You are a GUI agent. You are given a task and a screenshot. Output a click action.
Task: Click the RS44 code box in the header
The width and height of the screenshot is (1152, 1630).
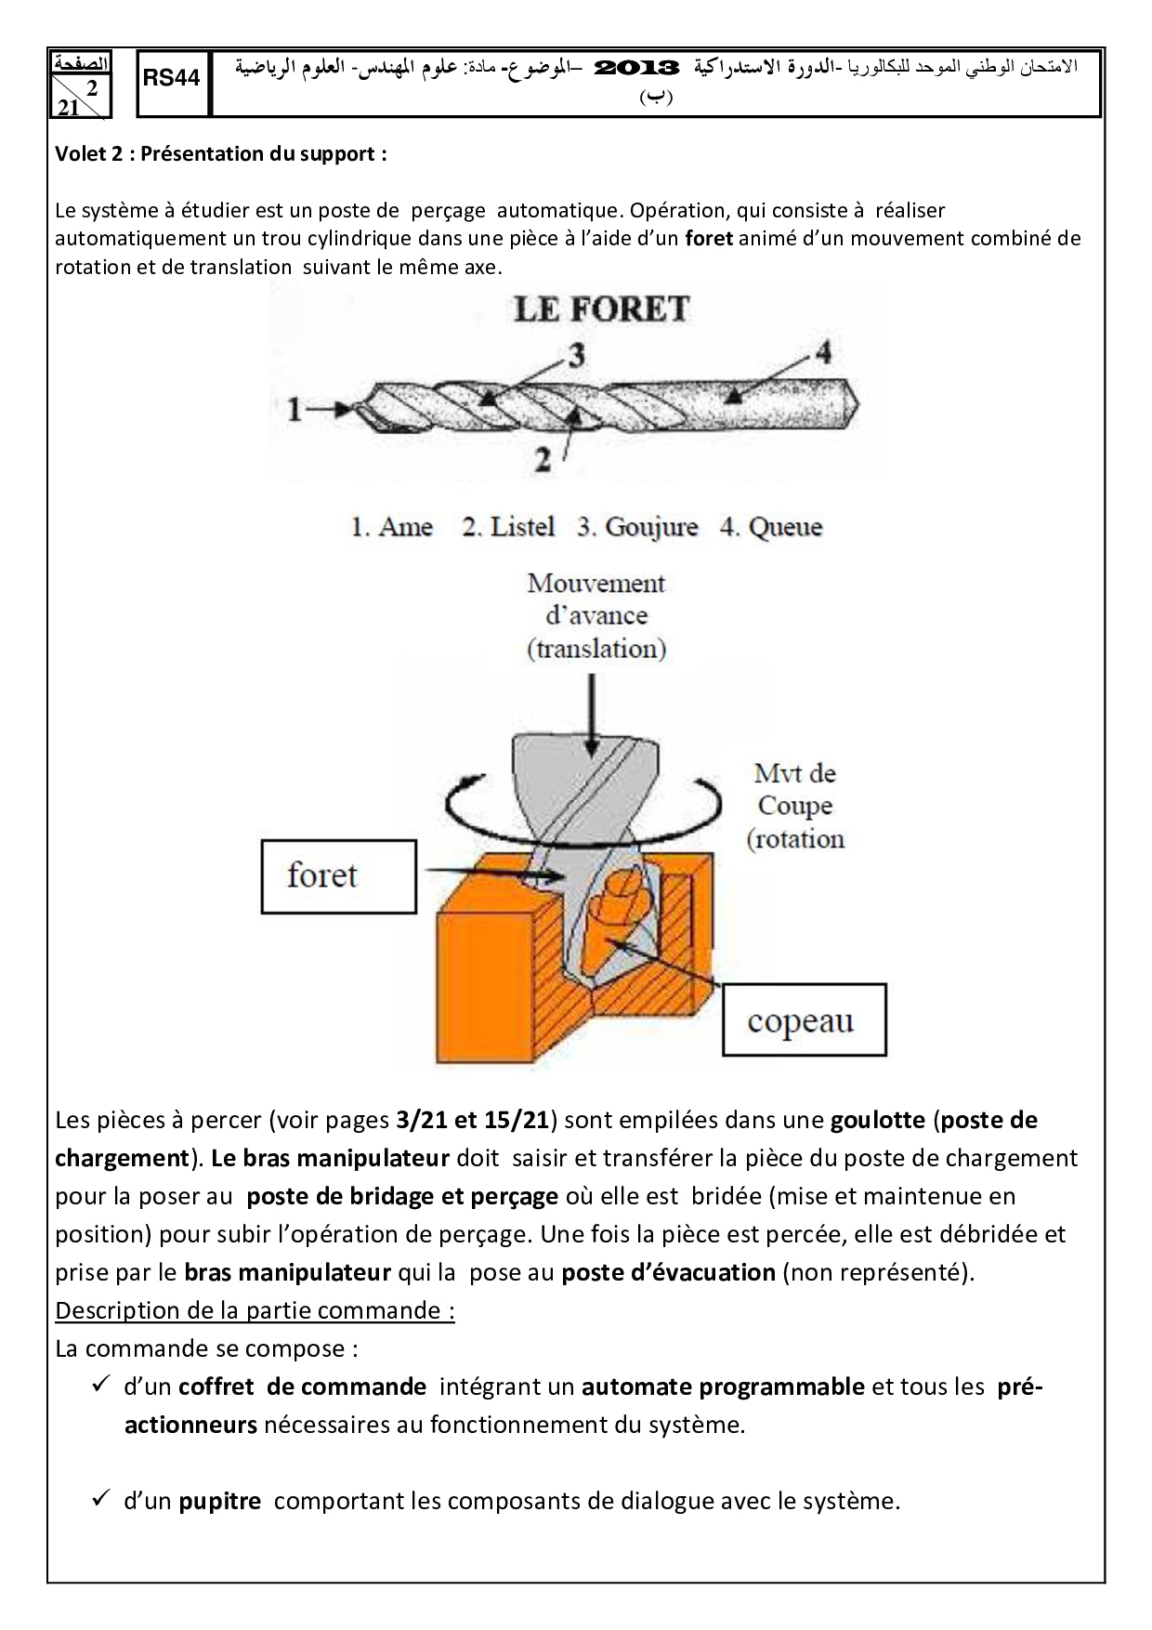tap(172, 80)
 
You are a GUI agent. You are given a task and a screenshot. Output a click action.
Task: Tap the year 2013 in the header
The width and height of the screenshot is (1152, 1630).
tap(636, 68)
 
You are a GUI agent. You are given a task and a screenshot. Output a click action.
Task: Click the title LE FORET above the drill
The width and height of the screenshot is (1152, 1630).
tap(601, 309)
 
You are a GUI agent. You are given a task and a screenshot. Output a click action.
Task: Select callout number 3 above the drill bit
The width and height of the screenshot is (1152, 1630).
tap(576, 356)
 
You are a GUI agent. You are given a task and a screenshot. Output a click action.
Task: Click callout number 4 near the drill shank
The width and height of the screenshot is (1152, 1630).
tap(822, 352)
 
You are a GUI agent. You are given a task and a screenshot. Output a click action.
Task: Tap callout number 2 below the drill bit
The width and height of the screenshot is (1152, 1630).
tap(543, 459)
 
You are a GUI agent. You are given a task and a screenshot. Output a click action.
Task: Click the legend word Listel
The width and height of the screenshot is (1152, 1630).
tap(521, 527)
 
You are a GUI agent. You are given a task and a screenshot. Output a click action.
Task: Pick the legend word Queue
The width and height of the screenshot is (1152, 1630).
tap(785, 527)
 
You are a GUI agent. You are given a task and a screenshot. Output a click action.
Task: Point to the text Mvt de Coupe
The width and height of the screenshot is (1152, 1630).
tap(795, 790)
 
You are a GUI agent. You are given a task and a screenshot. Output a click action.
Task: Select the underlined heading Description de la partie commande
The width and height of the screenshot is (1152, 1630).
tap(255, 1310)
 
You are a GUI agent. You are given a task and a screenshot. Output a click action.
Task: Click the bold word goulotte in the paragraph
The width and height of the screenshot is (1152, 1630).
tap(877, 1120)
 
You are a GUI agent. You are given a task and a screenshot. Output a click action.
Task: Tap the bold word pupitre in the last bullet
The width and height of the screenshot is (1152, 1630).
tap(219, 1501)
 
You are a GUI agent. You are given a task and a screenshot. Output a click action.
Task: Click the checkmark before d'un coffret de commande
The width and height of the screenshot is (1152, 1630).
tap(102, 1386)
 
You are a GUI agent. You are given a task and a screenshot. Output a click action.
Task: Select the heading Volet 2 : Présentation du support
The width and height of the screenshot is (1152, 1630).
tap(221, 154)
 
